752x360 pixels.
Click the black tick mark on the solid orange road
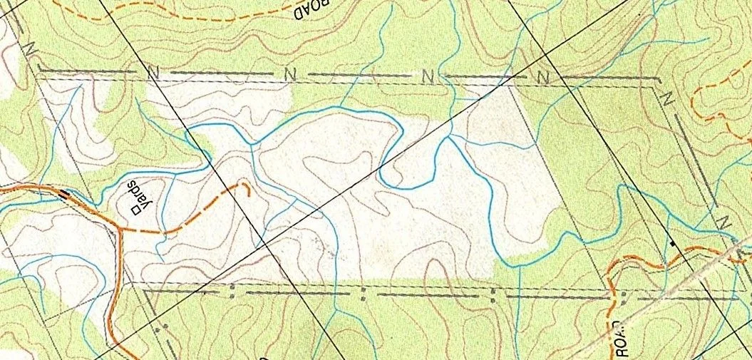[x=65, y=192]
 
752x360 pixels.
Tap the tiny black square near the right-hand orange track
[x=673, y=244]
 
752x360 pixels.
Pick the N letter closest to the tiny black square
[x=721, y=222]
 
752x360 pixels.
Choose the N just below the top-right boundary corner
[x=668, y=98]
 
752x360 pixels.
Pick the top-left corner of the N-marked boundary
[x=38, y=71]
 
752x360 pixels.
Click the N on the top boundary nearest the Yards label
[x=151, y=71]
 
